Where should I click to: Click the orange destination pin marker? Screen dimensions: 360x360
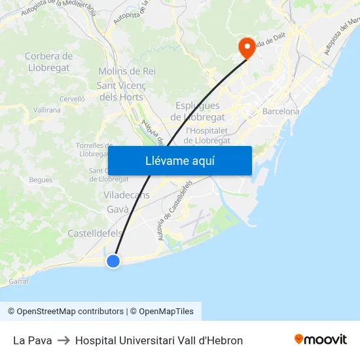(x=247, y=47)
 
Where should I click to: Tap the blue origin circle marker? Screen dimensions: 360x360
(x=113, y=261)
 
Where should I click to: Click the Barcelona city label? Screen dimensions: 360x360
(x=280, y=111)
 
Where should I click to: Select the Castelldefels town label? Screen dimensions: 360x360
(x=95, y=234)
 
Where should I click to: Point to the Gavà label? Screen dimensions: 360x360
(x=118, y=209)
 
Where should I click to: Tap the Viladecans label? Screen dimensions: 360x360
(x=126, y=195)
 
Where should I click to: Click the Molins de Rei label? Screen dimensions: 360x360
(x=127, y=71)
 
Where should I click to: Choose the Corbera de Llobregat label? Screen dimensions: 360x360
(x=48, y=62)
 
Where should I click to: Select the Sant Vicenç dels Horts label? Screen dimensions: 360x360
(x=121, y=91)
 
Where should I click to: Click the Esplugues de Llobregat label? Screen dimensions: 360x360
(x=197, y=111)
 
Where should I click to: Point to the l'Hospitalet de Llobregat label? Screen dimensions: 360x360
(x=207, y=135)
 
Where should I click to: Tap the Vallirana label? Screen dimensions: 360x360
(x=46, y=110)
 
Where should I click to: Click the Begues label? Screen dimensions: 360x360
(x=41, y=180)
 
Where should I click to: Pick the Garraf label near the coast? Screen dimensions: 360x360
(x=19, y=281)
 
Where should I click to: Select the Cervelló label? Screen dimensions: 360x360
(x=72, y=98)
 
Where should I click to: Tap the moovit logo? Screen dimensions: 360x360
(x=320, y=340)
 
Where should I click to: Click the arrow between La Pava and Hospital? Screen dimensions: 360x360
(x=63, y=340)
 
